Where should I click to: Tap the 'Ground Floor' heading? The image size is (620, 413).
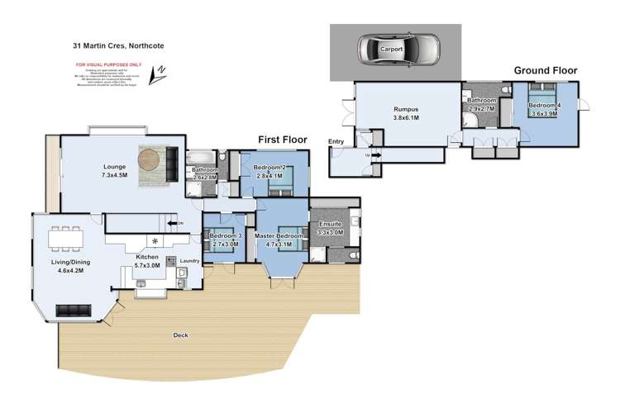pyautogui.click(x=546, y=70)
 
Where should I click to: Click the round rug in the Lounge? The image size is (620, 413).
pyautogui.click(x=152, y=159)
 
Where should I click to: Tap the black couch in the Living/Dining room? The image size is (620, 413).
pyautogui.click(x=74, y=310)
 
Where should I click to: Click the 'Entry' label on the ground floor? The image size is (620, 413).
pyautogui.click(x=336, y=142)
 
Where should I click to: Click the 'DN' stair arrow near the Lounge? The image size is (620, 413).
pyautogui.click(x=173, y=223)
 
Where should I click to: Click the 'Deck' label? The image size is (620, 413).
pyautogui.click(x=180, y=335)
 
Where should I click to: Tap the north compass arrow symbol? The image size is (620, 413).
pyautogui.click(x=158, y=75)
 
